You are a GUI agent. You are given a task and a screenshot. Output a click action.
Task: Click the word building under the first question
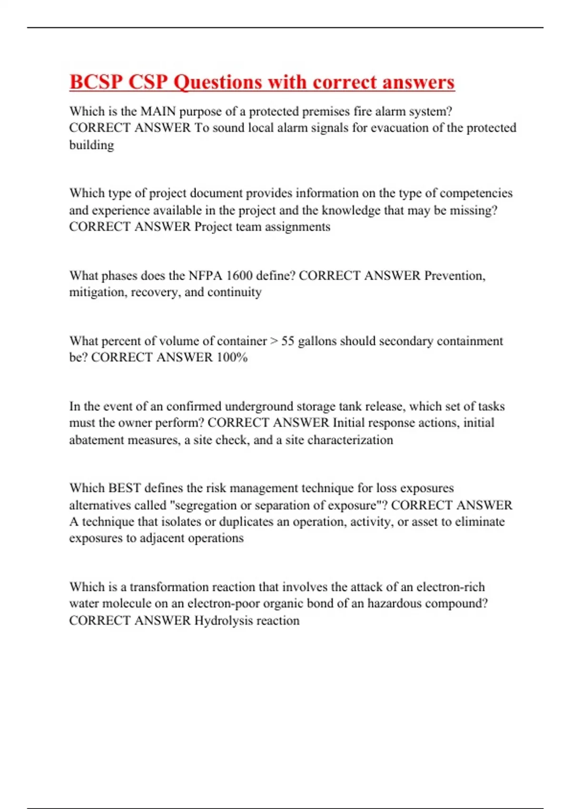91,145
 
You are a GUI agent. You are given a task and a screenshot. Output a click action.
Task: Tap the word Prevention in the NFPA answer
454,276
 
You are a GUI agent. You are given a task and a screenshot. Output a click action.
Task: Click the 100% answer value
232,357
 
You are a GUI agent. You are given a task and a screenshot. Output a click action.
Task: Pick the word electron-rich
451,587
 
